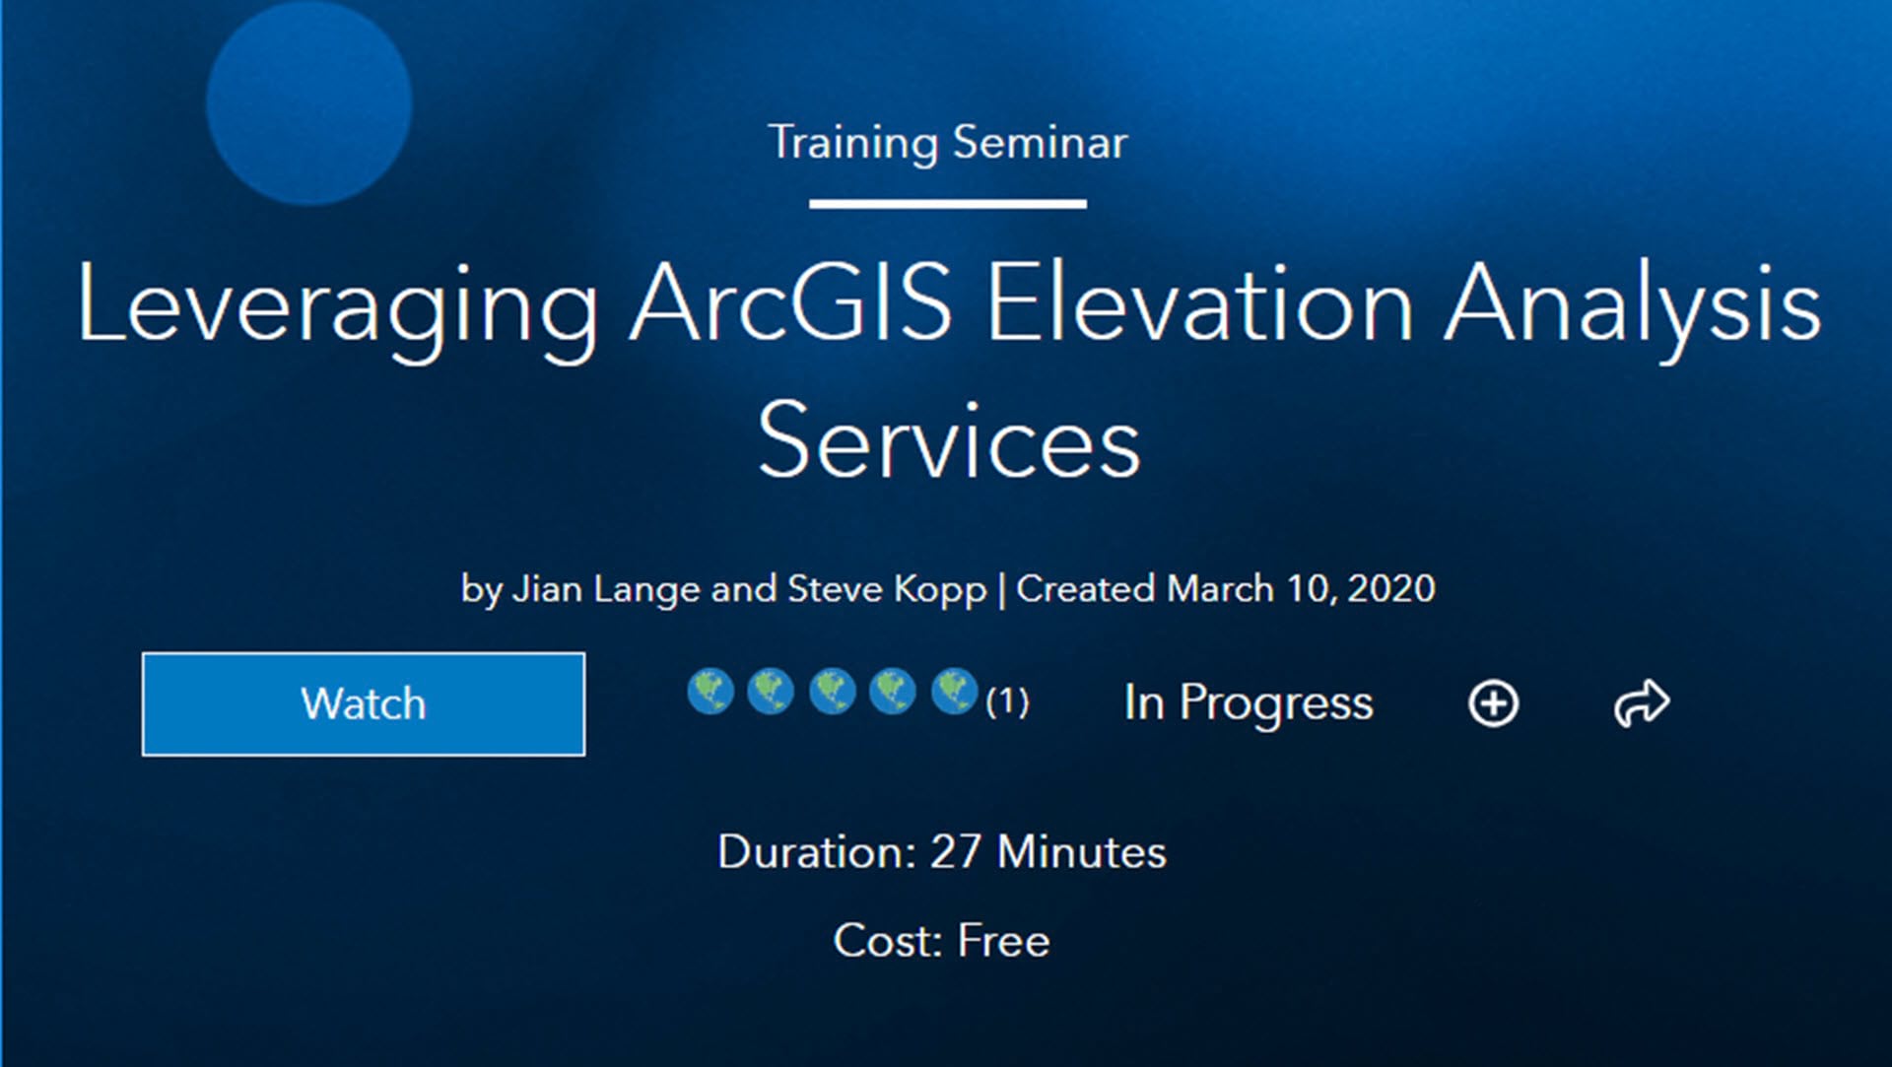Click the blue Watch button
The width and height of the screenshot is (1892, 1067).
363,703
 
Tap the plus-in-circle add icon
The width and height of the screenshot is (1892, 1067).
1493,703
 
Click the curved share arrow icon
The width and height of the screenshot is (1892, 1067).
1642,703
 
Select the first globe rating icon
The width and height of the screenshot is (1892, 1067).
710,691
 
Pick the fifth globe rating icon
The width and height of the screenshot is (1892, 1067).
954,691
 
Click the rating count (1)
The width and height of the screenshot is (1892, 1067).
1007,701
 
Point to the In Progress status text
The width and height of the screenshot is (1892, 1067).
1248,703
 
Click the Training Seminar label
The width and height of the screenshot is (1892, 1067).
947,143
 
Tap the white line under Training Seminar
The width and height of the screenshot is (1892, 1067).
948,204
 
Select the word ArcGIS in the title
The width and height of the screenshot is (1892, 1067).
791,302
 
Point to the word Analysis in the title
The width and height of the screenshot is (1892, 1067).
1633,306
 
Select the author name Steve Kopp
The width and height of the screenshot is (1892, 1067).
887,590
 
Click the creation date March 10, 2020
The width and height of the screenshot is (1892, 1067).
1301,588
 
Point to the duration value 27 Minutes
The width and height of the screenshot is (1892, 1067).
1048,851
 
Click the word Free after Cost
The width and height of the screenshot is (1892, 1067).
1003,941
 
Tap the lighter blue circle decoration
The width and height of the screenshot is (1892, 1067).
308,101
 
